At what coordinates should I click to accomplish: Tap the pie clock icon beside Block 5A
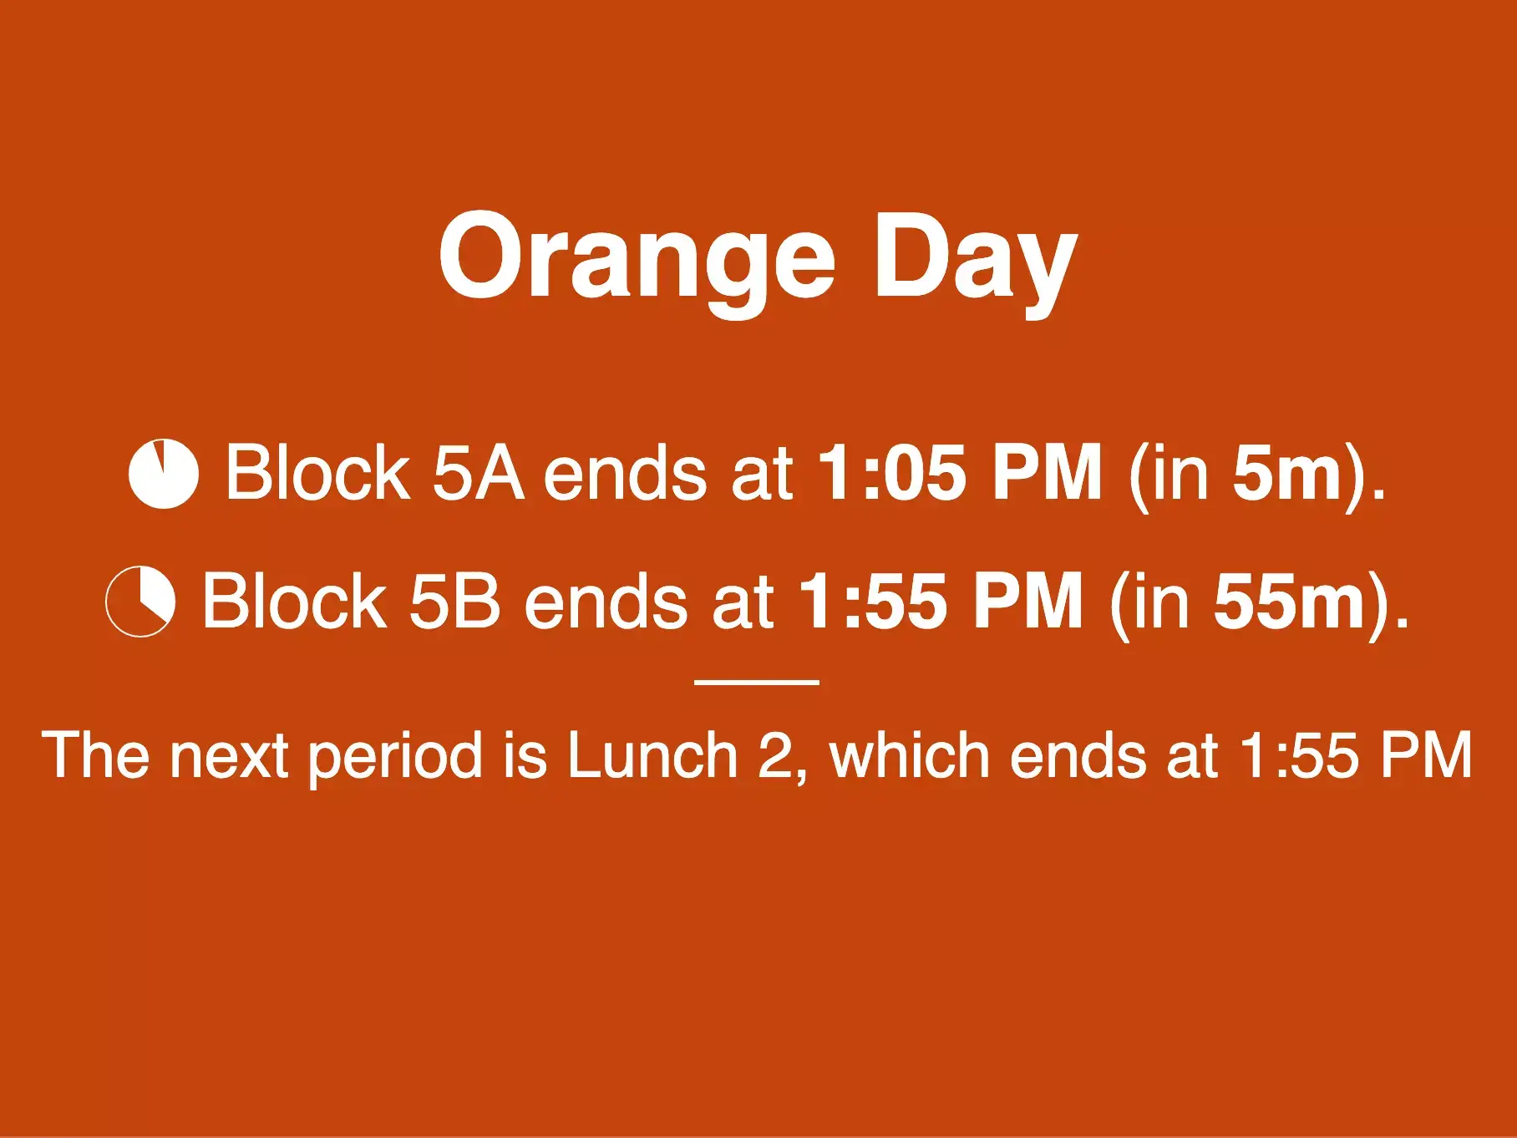164,473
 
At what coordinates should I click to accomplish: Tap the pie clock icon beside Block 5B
140,602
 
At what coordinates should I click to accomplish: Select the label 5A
478,473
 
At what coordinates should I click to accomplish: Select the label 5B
455,601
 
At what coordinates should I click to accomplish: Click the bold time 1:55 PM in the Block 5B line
941,601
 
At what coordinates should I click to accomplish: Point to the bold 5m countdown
1287,474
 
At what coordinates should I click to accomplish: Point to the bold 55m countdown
1290,602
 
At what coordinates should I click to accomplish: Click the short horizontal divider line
757,682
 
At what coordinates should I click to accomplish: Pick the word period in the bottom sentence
396,759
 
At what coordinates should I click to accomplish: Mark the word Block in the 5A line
318,473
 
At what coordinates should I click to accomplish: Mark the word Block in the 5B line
294,601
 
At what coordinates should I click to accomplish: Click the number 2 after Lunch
774,755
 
